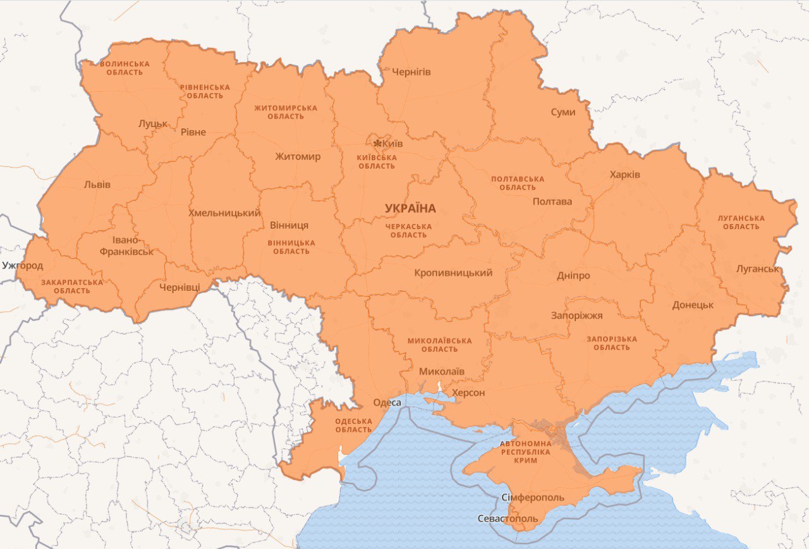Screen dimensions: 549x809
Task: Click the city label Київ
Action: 392,144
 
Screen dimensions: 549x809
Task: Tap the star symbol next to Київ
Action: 377,143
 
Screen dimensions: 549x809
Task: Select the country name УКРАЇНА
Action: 410,208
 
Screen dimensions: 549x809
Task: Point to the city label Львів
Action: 97,185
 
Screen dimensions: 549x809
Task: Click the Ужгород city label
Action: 22,265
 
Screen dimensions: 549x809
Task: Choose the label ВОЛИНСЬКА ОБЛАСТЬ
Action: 125,68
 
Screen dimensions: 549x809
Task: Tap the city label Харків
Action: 624,174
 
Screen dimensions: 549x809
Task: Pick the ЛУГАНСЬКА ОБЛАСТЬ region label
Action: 741,222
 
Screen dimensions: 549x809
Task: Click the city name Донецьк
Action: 693,304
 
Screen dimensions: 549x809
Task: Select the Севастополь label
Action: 508,519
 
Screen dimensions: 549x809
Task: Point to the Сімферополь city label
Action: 532,497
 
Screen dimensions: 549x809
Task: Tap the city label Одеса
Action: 387,402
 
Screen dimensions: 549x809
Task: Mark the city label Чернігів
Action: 411,71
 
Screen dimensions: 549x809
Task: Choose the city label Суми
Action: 563,112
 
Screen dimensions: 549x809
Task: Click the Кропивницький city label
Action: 453,273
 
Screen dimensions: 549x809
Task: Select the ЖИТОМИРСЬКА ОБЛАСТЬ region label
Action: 286,112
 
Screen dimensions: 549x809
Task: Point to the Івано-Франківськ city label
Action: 126,246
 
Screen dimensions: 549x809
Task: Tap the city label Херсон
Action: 468,393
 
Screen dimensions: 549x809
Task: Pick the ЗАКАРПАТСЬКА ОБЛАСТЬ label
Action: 71,287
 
